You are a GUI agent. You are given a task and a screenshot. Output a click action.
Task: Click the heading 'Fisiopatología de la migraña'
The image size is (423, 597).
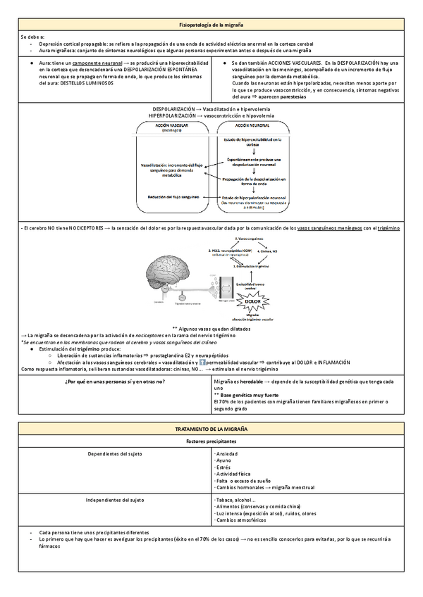pos(211,25)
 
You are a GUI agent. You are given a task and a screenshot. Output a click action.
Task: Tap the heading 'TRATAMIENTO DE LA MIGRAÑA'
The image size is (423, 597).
pos(211,429)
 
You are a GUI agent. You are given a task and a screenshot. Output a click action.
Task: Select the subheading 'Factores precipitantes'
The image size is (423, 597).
pos(211,440)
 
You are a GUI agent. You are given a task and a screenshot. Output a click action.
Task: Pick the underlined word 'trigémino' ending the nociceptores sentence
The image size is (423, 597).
pos(388,228)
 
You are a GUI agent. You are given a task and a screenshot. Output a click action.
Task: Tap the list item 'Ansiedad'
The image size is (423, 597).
pos(228,453)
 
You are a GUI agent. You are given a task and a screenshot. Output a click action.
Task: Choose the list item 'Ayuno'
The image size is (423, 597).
pos(224,460)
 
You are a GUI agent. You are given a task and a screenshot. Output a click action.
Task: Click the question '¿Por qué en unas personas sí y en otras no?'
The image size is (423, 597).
pos(115,381)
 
